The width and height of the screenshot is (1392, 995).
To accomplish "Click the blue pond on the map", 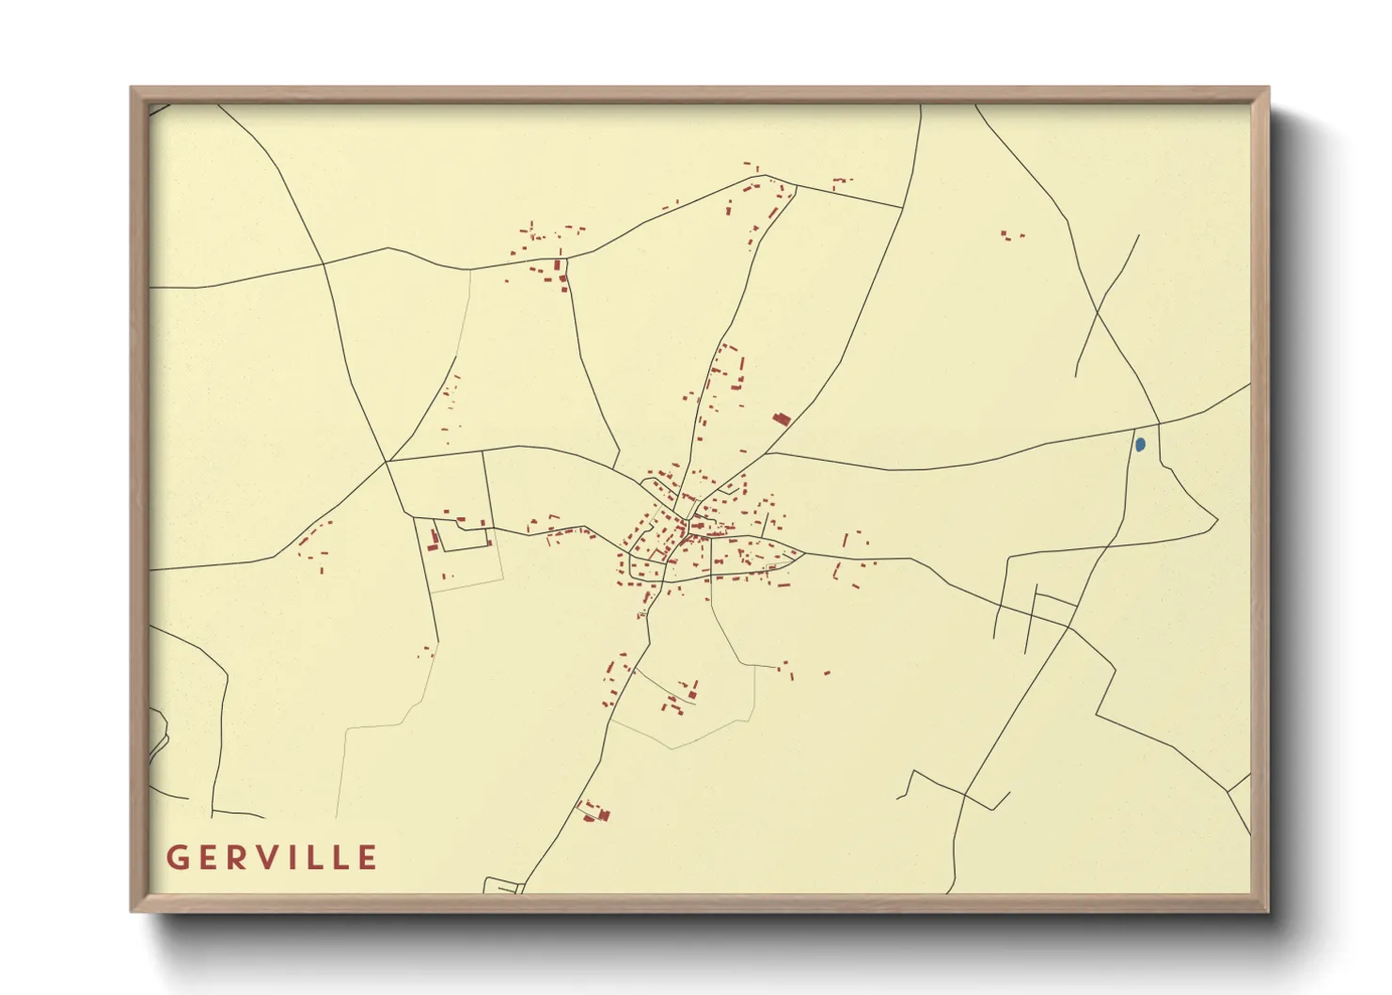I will [1140, 444].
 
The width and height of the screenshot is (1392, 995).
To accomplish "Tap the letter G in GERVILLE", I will [177, 858].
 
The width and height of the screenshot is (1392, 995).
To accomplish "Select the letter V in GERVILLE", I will [272, 858].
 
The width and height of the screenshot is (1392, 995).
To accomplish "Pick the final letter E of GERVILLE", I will [368, 858].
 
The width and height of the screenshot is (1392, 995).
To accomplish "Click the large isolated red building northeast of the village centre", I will [781, 419].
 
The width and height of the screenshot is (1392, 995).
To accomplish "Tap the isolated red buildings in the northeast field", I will [1012, 235].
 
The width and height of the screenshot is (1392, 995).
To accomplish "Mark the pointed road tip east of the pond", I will [1217, 520].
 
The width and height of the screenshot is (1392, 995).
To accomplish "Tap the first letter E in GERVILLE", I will [208, 858].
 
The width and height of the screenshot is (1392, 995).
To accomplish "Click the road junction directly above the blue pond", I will [1158, 424].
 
